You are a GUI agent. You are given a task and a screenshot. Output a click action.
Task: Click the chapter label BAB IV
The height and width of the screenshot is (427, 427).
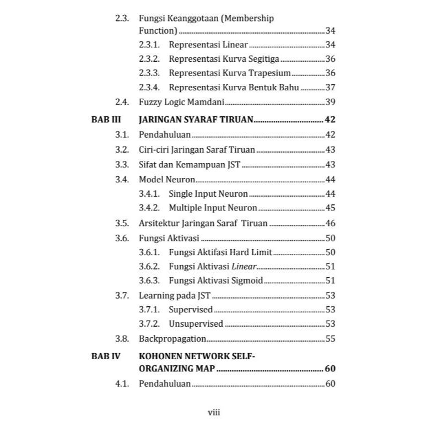tap(105, 356)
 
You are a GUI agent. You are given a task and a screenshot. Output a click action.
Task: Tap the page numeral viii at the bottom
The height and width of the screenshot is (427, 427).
tap(213, 412)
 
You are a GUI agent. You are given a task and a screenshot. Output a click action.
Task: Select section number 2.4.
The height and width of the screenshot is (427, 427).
tap(122, 102)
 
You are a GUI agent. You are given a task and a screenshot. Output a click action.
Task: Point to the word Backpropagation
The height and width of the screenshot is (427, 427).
tap(172, 339)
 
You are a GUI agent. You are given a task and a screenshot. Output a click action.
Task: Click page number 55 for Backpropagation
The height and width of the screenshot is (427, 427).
tap(330, 339)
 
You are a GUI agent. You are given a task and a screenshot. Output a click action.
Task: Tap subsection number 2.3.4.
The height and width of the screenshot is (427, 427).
tap(149, 87)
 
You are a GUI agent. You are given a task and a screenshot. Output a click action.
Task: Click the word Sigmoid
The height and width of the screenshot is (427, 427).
tap(246, 280)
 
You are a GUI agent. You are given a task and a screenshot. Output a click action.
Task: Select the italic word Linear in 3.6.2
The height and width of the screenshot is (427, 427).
tap(244, 266)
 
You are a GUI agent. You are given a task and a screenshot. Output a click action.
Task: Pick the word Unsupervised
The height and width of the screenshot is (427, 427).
tap(196, 324)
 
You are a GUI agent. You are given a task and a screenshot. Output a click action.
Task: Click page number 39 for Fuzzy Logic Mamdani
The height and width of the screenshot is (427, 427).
tap(330, 102)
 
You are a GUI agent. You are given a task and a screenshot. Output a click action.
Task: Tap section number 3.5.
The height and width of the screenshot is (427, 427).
tap(122, 223)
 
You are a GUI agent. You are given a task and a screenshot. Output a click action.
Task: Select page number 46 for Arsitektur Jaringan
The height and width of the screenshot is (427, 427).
tap(330, 223)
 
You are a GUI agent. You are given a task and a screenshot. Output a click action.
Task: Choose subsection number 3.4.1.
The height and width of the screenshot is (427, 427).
tap(149, 193)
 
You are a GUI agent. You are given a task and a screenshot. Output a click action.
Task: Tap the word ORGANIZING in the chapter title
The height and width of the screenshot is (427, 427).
tap(164, 369)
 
